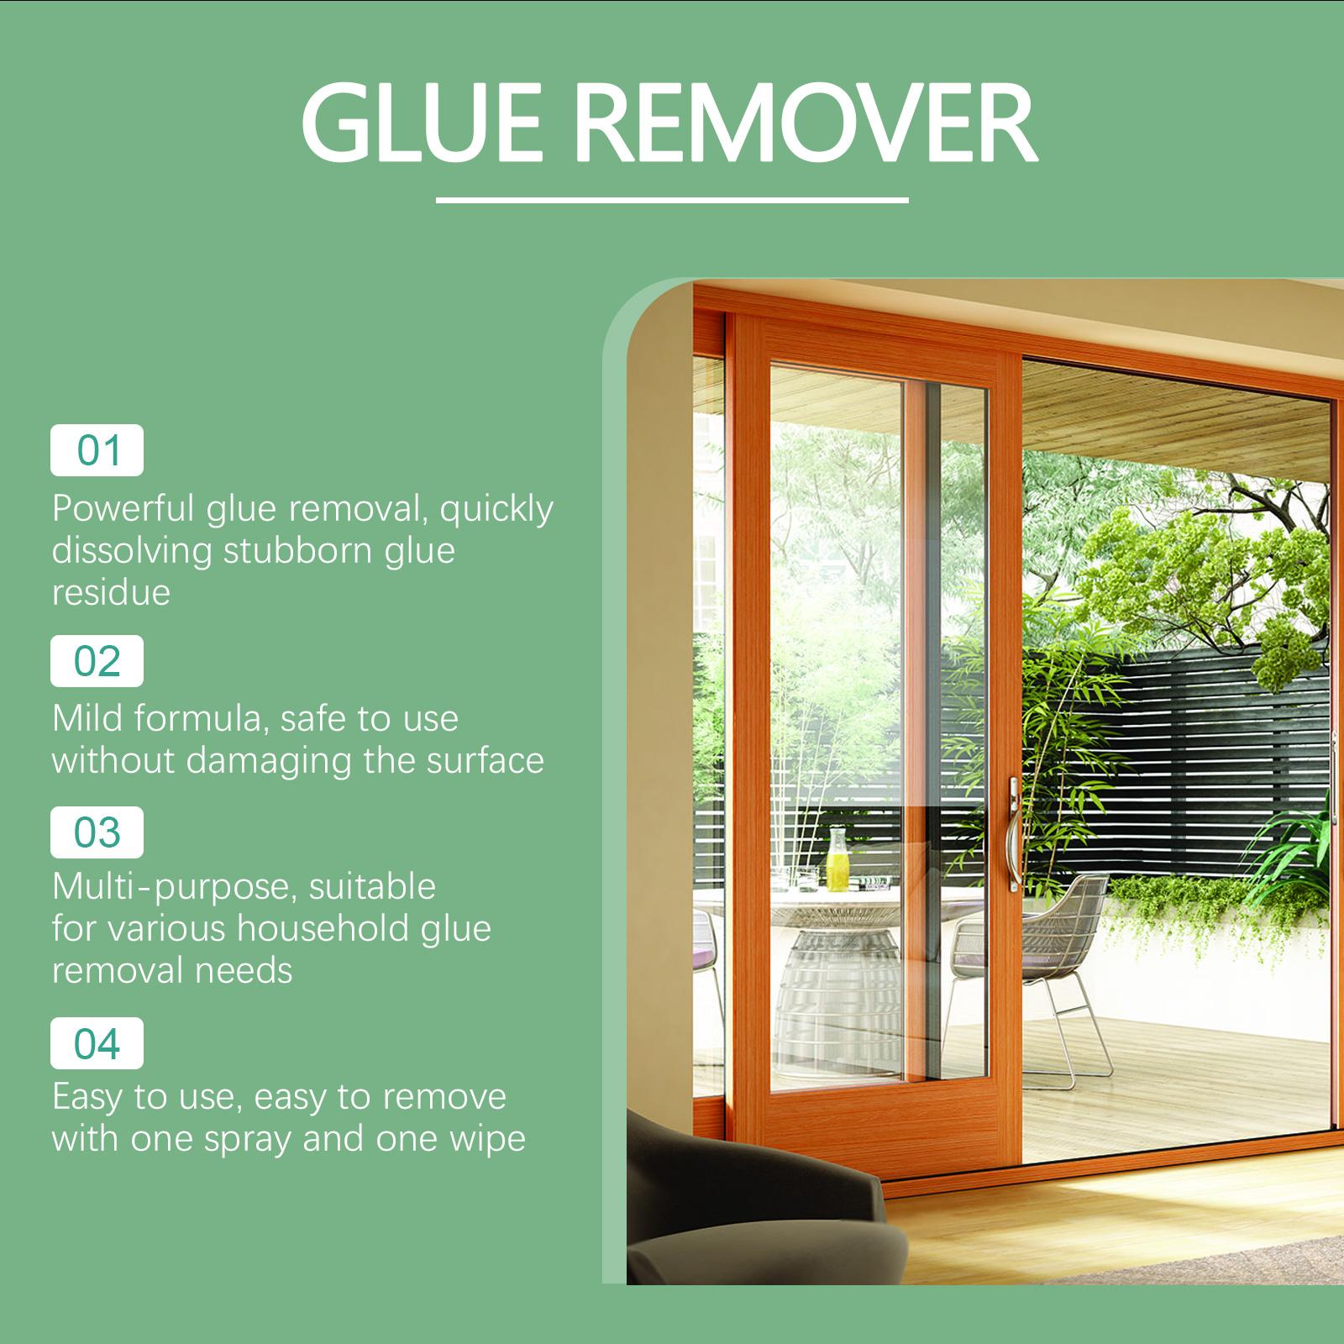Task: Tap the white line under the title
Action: coord(672,201)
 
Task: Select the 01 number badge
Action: coord(97,451)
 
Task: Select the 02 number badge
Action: coord(97,661)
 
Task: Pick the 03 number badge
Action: coord(97,832)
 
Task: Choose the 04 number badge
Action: coord(97,1043)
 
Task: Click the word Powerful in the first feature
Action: coord(124,509)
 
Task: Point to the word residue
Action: coord(111,593)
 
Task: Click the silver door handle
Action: coord(1015,832)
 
